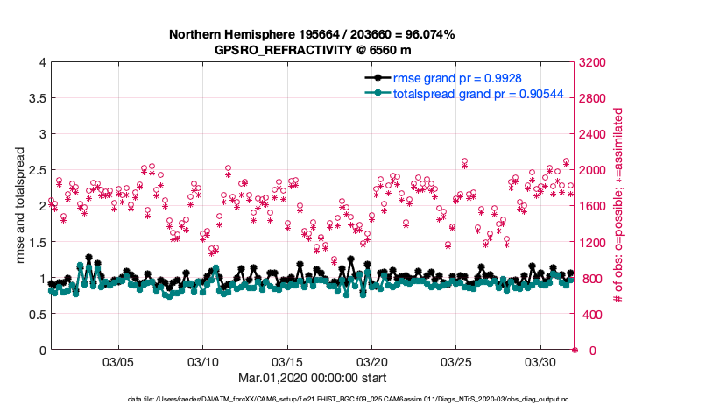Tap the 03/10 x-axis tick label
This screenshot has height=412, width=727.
tap(203, 362)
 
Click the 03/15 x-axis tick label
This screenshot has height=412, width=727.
tap(287, 362)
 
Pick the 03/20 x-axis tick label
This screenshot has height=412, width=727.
tap(372, 362)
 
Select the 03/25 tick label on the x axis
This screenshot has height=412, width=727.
tap(456, 362)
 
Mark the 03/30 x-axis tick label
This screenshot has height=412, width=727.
tap(540, 362)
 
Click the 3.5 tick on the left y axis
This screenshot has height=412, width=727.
tap(34, 98)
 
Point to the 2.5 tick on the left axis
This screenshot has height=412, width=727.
tap(34, 170)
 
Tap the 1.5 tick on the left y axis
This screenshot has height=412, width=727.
tap(34, 242)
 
